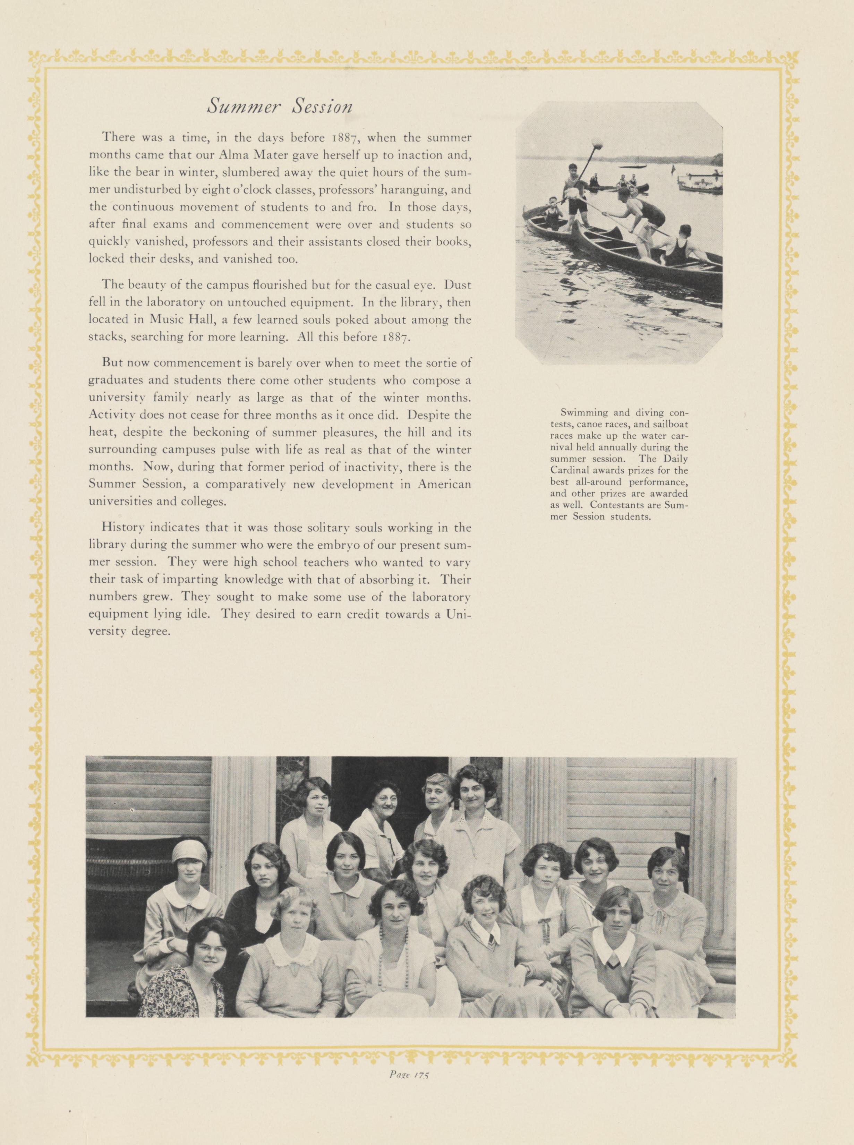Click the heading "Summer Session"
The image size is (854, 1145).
(280, 106)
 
